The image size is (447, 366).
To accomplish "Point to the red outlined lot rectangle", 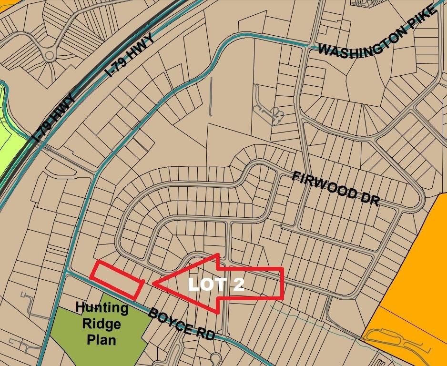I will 117,278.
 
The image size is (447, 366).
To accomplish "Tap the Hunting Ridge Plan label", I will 102,324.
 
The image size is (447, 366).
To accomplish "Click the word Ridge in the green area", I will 101,324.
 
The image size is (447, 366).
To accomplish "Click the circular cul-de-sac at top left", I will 50,56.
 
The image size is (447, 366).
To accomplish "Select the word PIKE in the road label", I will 420,21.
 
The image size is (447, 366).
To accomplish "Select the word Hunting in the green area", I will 102,308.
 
